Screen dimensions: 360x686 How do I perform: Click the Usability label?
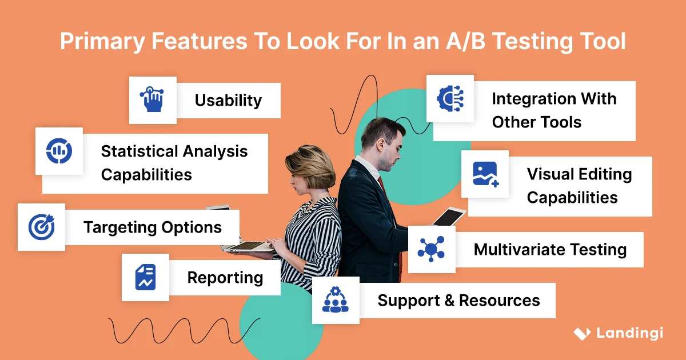pyautogui.click(x=228, y=101)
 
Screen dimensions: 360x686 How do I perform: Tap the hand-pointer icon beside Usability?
pyautogui.click(x=152, y=100)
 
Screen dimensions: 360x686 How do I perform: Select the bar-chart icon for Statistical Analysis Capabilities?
pyautogui.click(x=59, y=151)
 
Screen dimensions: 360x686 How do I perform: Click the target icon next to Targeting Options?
pyautogui.click(x=41, y=227)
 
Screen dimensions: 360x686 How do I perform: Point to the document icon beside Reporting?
pyautogui.click(x=145, y=278)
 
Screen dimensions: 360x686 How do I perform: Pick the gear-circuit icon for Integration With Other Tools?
pyautogui.click(x=450, y=98)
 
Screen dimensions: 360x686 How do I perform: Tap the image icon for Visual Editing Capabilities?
pyautogui.click(x=485, y=174)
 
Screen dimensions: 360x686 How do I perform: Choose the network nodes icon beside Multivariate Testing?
pyautogui.click(x=431, y=250)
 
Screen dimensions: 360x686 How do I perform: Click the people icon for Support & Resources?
pyautogui.click(x=335, y=300)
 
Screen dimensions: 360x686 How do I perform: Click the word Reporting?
pyautogui.click(x=225, y=278)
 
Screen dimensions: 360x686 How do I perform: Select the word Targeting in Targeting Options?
pyautogui.click(x=117, y=227)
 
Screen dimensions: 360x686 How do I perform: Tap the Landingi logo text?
pyautogui.click(x=629, y=333)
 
